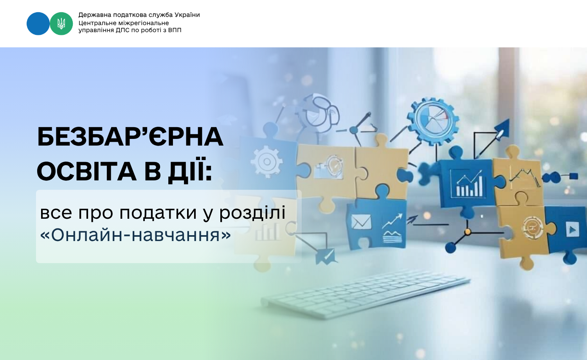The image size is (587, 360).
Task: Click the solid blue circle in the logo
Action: pos(38,23)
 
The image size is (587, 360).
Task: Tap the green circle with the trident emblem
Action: pos(61,23)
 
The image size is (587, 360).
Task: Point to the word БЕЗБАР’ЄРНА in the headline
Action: pos(130,137)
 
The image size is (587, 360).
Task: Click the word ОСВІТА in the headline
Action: pos(86,172)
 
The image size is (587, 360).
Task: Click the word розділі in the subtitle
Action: pos(252,213)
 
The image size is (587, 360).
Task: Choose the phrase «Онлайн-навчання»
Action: pos(135,235)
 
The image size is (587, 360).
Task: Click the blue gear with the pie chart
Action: pos(433,121)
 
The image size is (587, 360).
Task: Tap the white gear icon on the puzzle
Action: pos(267,161)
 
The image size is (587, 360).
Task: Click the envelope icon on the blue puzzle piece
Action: pos(361,222)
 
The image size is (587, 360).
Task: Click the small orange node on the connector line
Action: pos(468,232)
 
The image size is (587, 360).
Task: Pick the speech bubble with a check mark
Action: pos(326,256)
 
